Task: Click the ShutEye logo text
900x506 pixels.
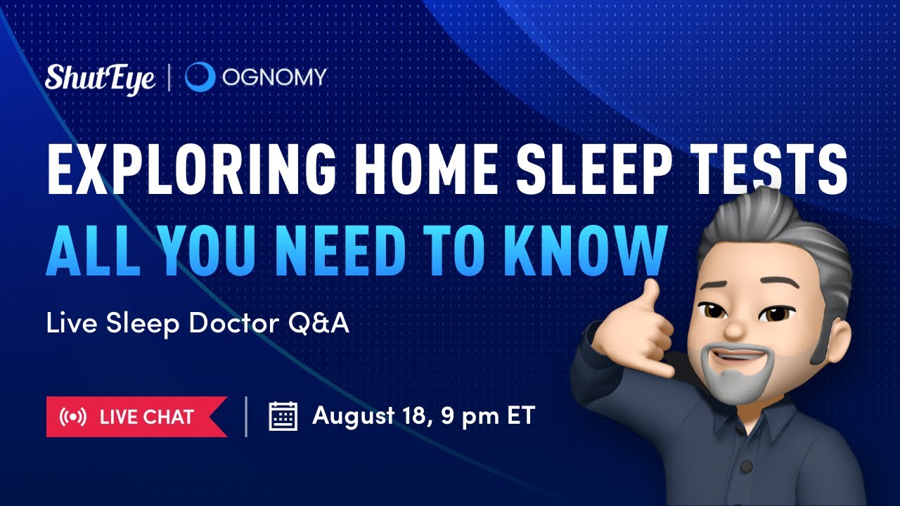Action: coord(100,78)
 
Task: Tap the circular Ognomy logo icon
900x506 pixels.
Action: coord(200,77)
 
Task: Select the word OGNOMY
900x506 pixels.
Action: coord(275,77)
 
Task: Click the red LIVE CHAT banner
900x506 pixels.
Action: coord(136,417)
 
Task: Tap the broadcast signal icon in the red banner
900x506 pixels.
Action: coord(73,417)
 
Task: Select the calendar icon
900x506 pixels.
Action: coord(283,416)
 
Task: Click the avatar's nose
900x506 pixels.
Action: coord(735,329)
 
